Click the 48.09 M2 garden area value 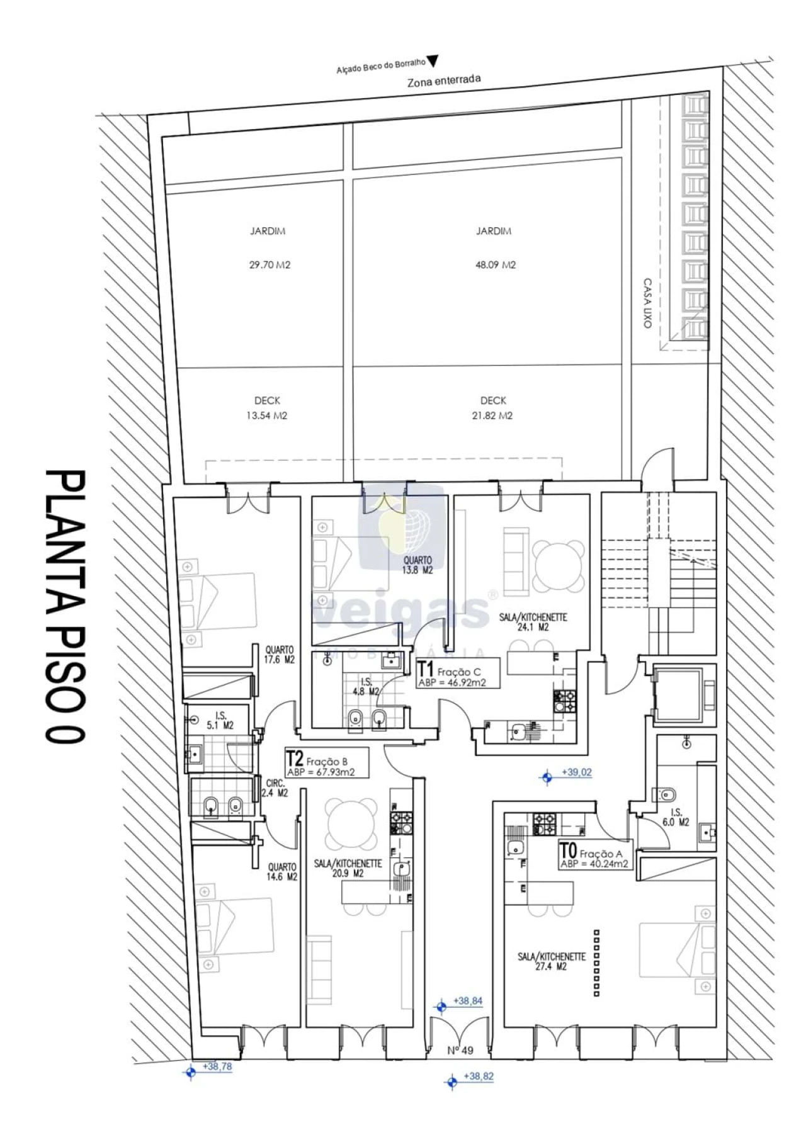[x=495, y=265]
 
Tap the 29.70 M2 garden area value [x=270, y=265]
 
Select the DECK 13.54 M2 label [x=267, y=408]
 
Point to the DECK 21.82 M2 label [x=493, y=408]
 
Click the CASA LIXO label [x=647, y=303]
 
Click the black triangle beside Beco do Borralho [x=433, y=60]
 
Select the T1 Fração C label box [x=458, y=673]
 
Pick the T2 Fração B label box [x=326, y=763]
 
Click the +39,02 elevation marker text [x=577, y=772]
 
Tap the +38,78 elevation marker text [x=217, y=1067]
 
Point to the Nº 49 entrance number [x=460, y=1050]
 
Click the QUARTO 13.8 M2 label [x=417, y=565]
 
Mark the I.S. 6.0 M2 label [x=676, y=817]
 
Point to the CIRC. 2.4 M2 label [x=275, y=788]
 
